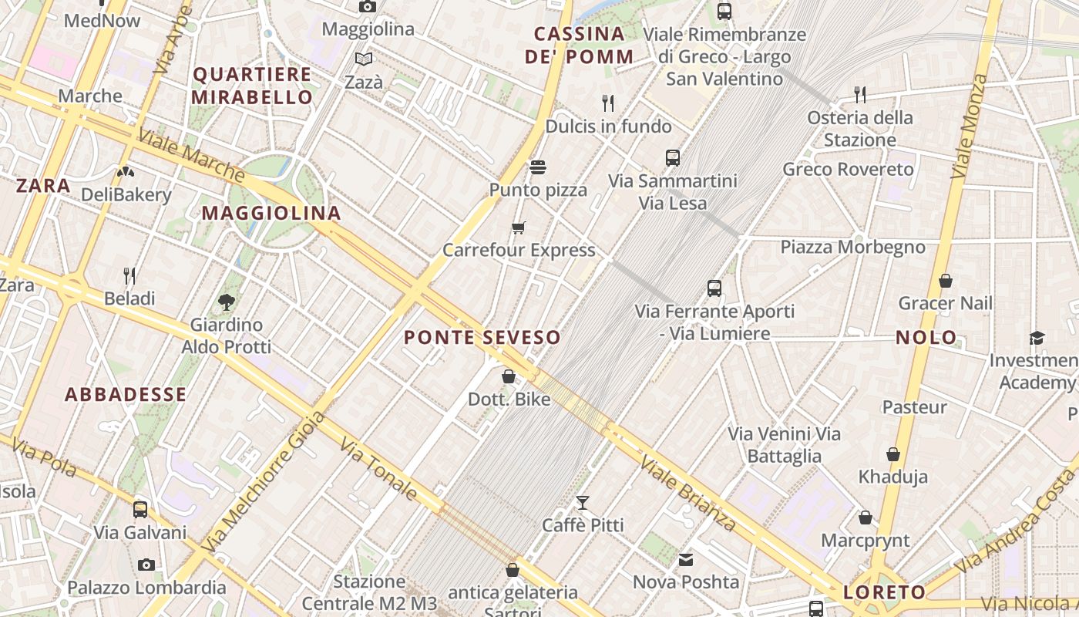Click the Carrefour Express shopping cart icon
[518, 228]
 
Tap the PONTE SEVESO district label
[482, 338]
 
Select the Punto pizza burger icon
[538, 167]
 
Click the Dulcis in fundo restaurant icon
[608, 103]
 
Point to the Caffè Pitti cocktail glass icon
[583, 503]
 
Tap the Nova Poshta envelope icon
[686, 559]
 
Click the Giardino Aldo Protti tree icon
[227, 302]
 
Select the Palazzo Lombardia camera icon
[146, 565]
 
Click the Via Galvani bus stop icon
[140, 509]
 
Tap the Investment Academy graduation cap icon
[1037, 338]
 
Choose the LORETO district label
[885, 592]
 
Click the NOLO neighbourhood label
[926, 337]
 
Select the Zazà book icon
[363, 59]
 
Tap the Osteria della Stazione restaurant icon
[860, 94]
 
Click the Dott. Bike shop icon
[509, 376]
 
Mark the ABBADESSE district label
[126, 395]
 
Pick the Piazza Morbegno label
[852, 247]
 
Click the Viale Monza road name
[969, 126]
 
